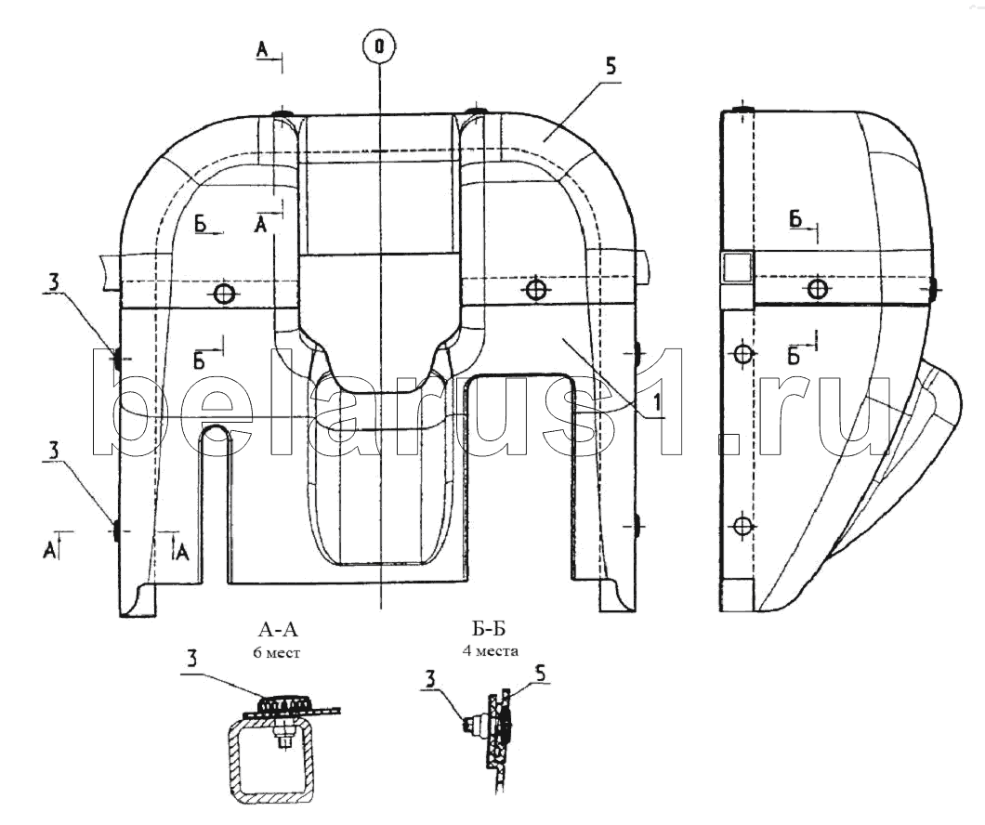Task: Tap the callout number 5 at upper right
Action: [611, 67]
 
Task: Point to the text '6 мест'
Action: [276, 653]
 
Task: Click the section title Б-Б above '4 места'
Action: [490, 628]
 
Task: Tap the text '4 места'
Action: [491, 651]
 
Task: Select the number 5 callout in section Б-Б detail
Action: [540, 673]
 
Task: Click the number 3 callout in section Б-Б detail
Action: [429, 679]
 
